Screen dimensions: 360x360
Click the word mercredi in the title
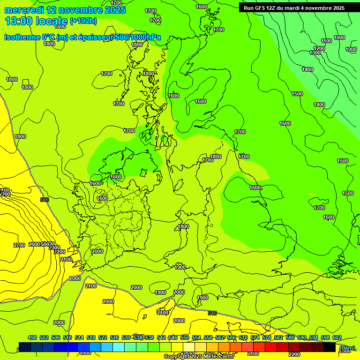23,10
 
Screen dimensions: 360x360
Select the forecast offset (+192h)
83,21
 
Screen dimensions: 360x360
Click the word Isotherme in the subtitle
22,37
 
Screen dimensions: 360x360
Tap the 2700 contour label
19,245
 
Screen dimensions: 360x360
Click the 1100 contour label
327,41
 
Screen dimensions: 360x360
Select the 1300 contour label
315,52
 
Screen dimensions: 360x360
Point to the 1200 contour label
319,48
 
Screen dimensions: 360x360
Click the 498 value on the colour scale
32,337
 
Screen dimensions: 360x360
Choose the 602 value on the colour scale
337,337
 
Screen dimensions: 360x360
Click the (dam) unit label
347,348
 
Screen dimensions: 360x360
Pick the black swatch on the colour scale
330,347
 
